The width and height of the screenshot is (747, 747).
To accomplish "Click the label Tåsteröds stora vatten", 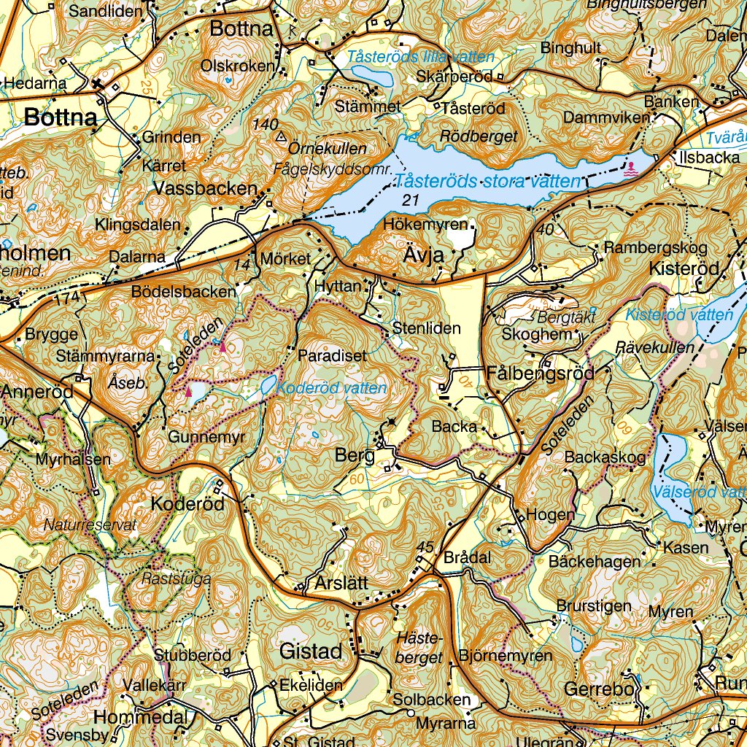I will (487, 182).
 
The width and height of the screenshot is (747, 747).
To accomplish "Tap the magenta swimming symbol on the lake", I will (630, 169).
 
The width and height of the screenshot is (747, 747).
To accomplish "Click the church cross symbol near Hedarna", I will (98, 85).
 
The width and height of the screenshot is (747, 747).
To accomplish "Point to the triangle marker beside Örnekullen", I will (280, 136).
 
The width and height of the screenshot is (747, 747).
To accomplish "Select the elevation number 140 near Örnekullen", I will (265, 124).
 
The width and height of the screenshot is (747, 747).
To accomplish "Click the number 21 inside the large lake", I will (411, 200).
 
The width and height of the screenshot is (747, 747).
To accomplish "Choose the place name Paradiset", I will (333, 356).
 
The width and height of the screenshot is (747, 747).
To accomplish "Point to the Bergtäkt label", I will (566, 318).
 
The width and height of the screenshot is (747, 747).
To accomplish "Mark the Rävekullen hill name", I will (655, 347).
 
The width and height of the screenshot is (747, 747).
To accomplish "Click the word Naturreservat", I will (90, 525).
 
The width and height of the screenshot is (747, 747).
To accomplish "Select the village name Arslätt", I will (342, 583).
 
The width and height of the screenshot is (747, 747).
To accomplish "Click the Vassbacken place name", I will (206, 188).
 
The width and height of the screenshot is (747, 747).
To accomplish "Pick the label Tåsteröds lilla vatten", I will (421, 57).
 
